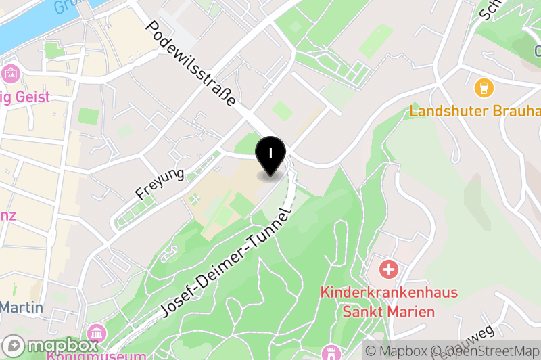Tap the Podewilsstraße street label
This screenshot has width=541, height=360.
click(191, 64)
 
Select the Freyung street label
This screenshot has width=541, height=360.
click(160, 183)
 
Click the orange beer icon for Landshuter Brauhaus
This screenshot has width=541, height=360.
click(484, 87)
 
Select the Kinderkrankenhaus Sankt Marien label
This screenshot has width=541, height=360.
click(389, 302)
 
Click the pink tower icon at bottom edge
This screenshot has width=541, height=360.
click(331, 353)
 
